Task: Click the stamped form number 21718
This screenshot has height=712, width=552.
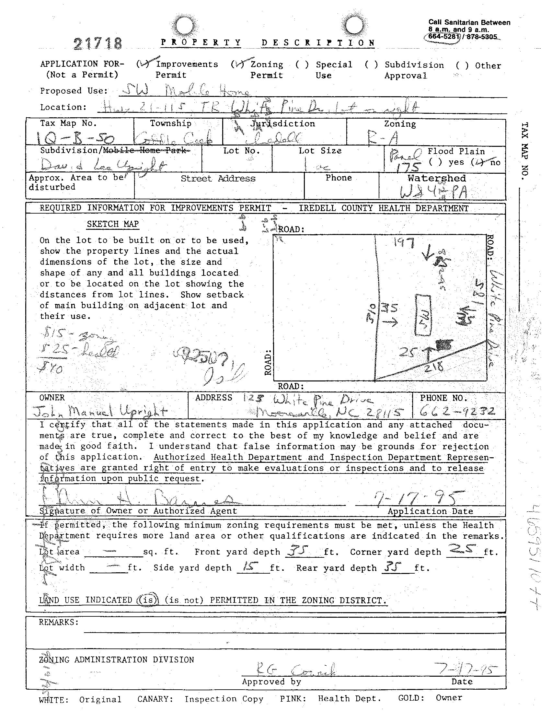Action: pos(98,43)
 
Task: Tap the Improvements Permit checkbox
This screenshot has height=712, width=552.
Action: pos(143,64)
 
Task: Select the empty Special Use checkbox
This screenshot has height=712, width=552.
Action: pos(302,64)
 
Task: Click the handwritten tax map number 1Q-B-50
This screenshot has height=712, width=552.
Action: pos(75,139)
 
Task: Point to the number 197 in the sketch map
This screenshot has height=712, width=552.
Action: pos(404,243)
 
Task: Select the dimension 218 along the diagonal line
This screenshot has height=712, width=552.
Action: pos(434,367)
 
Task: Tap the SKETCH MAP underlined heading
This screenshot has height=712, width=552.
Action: pos(112,224)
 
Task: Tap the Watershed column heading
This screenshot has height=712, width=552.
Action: pos(436,178)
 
